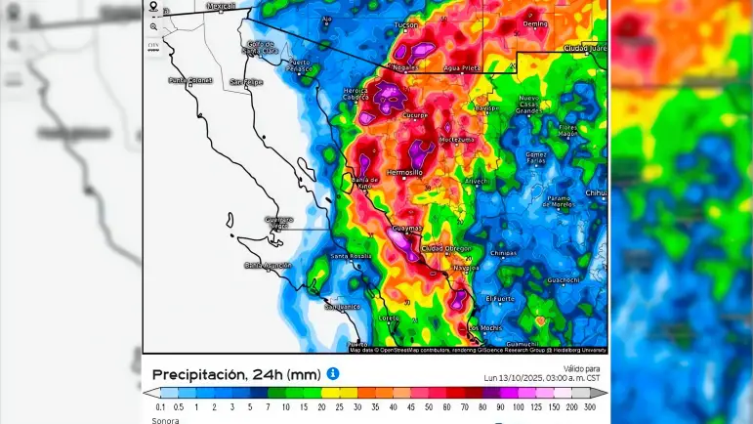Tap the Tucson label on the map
click(x=406, y=24)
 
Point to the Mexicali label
click(x=222, y=6)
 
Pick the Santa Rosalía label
click(x=352, y=256)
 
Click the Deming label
click(x=536, y=22)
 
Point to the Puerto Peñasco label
click(x=300, y=65)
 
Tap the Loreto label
click(x=390, y=317)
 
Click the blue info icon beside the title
click(x=333, y=373)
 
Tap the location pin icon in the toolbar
click(x=153, y=6)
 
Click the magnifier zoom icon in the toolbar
click(x=153, y=26)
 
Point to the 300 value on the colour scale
click(x=589, y=406)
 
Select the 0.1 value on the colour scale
click(x=161, y=406)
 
